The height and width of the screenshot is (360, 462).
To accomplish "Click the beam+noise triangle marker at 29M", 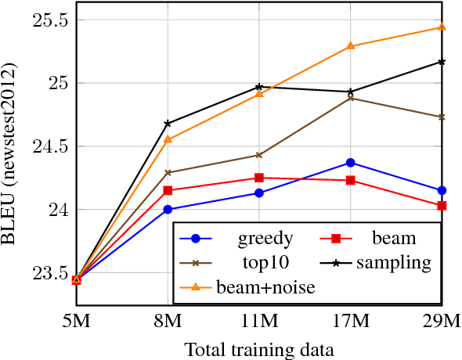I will [442, 27].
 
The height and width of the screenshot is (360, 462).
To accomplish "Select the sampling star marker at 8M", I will [168, 124].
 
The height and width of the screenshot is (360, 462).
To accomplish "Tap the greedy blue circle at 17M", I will [350, 163].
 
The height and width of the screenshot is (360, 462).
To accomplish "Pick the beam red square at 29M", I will [442, 206].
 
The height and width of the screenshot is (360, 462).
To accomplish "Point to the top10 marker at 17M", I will [350, 98].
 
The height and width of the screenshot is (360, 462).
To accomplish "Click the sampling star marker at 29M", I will [442, 62].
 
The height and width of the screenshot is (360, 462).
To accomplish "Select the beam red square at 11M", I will [259, 178].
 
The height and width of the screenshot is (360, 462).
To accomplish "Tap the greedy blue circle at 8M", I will [168, 210].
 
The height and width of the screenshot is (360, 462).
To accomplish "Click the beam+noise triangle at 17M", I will [350, 46].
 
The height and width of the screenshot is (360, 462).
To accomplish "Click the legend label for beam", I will [395, 239].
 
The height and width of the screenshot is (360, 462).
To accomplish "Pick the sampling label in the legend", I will [393, 263].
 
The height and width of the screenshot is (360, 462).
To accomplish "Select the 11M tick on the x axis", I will [259, 322].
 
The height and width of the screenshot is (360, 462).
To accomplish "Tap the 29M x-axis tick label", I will [442, 322].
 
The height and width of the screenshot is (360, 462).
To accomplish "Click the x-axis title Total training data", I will [259, 348].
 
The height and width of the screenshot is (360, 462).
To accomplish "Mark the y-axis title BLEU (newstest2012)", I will [13, 149].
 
